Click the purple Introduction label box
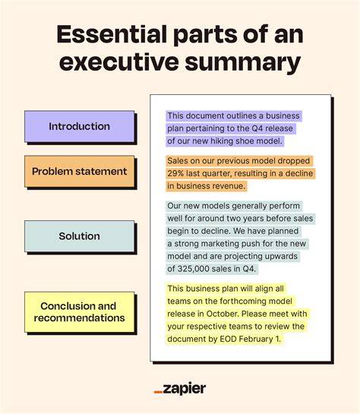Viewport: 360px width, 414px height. tap(80, 126)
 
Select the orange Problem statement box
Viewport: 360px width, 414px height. tap(80, 172)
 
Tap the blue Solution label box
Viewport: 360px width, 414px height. tap(80, 236)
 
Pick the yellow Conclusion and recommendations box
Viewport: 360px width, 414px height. tap(80, 312)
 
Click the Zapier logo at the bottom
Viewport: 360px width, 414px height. tap(180, 389)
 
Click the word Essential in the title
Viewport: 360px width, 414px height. tap(112, 34)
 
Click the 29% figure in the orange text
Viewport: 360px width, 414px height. tap(175, 173)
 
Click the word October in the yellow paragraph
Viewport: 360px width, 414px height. tap(223, 314)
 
